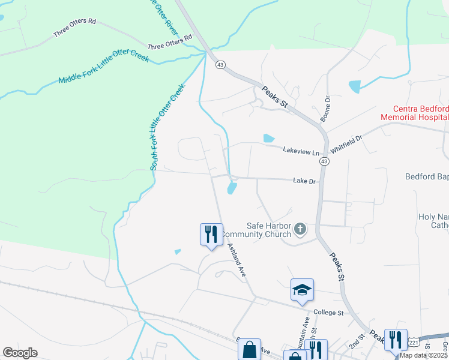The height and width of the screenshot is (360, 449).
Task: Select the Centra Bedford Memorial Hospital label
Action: coord(414,113)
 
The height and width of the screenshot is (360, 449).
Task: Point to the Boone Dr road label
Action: coord(326,108)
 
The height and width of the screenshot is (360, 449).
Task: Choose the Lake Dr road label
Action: coord(304,180)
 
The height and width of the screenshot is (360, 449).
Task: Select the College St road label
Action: coord(328,313)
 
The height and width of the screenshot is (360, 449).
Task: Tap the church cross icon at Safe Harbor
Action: coord(300,228)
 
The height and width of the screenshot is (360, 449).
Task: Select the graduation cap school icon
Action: coord(302,290)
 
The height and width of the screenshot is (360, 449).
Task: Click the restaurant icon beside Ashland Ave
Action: coord(211,233)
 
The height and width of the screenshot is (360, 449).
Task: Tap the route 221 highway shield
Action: coord(414,342)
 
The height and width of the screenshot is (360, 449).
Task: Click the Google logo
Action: coord(20,352)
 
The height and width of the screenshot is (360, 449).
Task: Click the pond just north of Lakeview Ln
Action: coord(269,139)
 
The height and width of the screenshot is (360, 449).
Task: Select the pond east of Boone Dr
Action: coord(355,86)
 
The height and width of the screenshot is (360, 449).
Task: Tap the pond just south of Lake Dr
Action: coord(232,189)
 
